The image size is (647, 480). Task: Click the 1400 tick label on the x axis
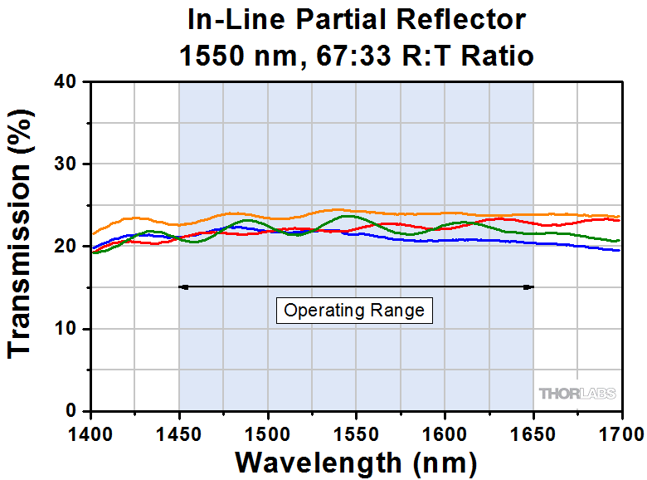pos(90,433)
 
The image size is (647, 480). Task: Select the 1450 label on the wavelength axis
pos(178,433)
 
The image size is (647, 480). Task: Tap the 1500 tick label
pos(267,433)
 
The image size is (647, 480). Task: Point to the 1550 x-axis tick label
pos(356,433)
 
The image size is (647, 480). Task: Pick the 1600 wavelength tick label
pos(445,433)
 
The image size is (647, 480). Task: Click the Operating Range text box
pos(354,311)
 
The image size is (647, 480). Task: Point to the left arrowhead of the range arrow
pos(183,287)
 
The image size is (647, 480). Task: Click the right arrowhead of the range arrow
pos(528,287)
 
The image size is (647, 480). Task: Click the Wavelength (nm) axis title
pos(356,461)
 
